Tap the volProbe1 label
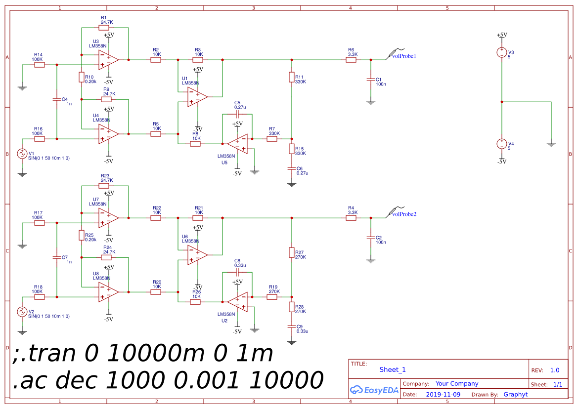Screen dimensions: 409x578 click(404, 56)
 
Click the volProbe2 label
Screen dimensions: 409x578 click(404, 214)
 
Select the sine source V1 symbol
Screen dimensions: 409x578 click(22, 154)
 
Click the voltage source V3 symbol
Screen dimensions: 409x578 click(502, 52)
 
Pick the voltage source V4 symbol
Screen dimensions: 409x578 click(502, 144)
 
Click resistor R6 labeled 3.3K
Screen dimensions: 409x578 click(351, 60)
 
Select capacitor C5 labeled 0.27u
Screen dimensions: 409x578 click(237, 114)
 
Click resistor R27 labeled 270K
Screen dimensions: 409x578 click(292, 252)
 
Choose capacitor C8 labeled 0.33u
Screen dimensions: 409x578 click(237, 272)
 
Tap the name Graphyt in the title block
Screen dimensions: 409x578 click(515, 395)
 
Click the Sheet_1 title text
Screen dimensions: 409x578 click(393, 369)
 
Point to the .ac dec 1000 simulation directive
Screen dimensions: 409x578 click(168, 380)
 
